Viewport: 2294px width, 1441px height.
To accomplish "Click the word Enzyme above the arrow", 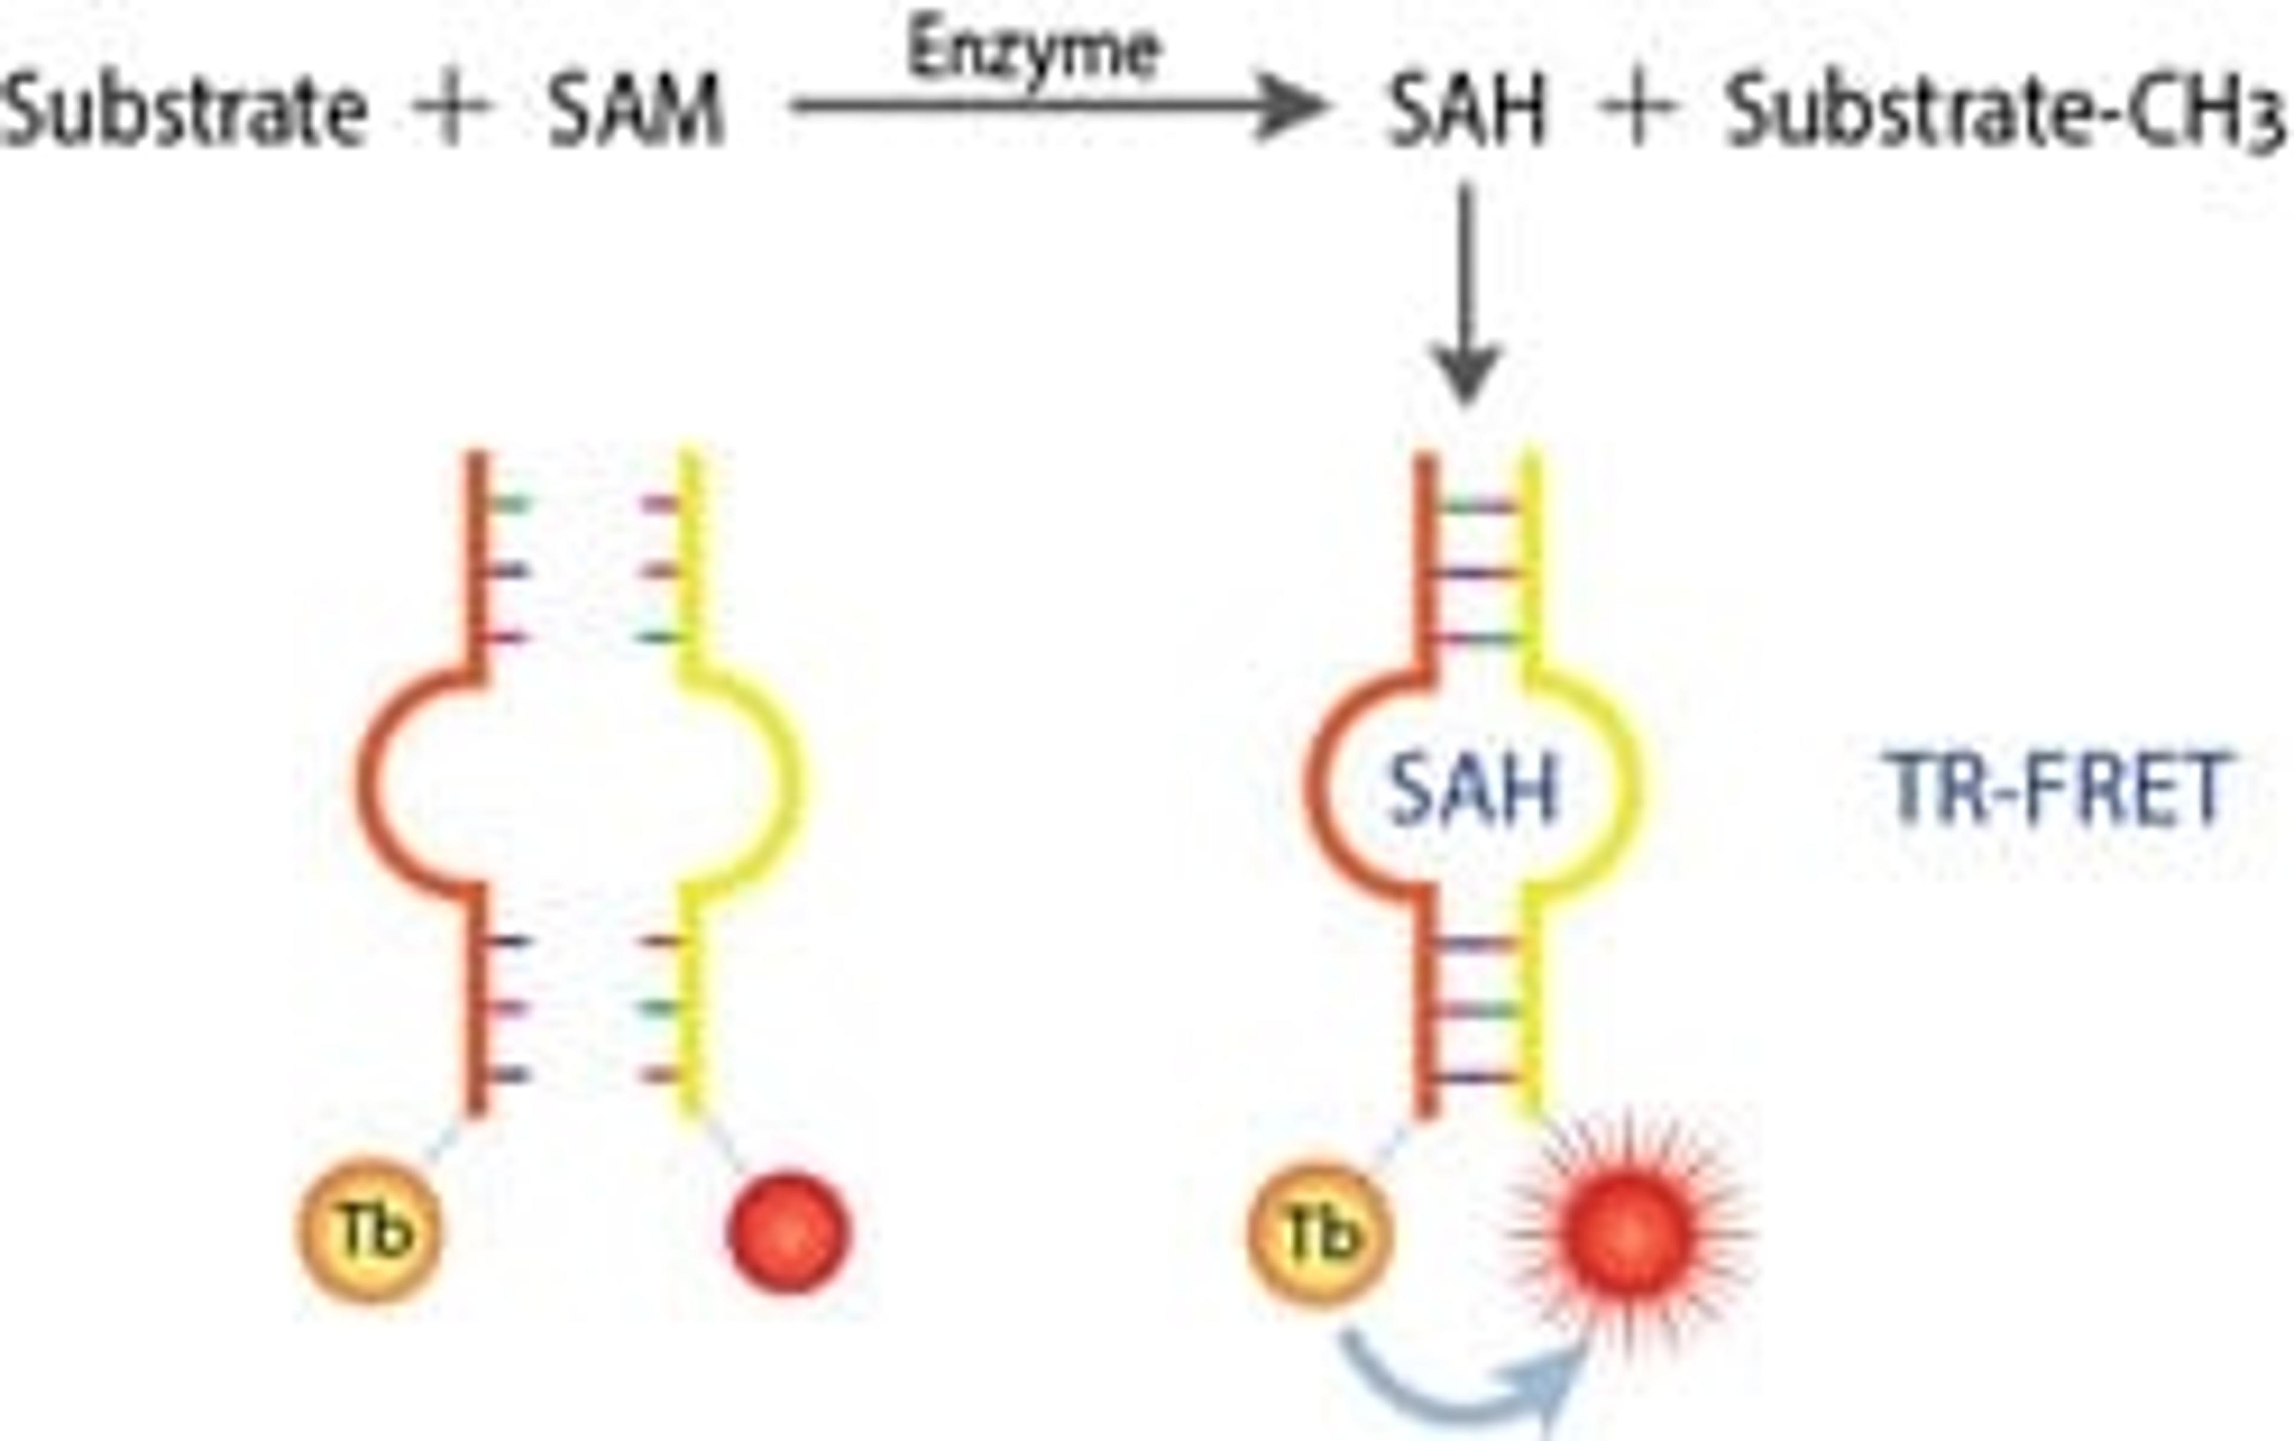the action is (1033, 53).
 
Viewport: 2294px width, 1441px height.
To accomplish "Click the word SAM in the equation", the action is (636, 112).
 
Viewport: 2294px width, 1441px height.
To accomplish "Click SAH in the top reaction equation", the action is (1467, 112).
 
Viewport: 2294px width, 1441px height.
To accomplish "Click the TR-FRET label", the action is (2058, 789).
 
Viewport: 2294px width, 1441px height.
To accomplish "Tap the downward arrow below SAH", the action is (1467, 295).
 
